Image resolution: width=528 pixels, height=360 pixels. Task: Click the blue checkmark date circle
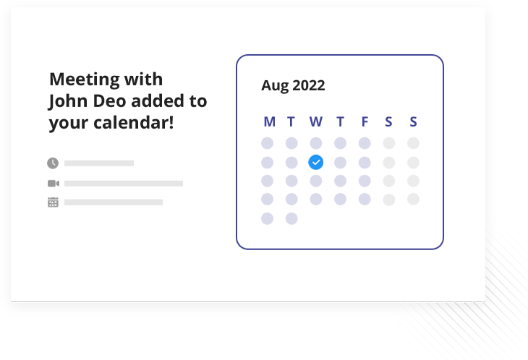(x=316, y=162)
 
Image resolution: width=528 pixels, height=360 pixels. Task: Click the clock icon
(x=53, y=163)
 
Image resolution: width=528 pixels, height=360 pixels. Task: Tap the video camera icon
(x=54, y=184)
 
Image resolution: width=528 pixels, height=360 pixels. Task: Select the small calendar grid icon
(x=53, y=202)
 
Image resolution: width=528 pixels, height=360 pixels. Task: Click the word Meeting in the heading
(x=85, y=80)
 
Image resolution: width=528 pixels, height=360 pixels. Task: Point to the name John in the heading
(x=69, y=101)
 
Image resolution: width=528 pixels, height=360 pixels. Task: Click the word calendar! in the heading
(x=134, y=122)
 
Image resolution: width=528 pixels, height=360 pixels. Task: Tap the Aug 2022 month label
(x=293, y=85)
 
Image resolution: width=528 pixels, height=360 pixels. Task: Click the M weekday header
(x=269, y=121)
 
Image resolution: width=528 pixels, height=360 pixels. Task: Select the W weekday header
(x=316, y=121)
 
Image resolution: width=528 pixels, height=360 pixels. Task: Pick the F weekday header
(x=365, y=121)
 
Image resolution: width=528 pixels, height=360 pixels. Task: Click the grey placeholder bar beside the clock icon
(x=99, y=163)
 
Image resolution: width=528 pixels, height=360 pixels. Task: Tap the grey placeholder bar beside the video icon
(x=124, y=184)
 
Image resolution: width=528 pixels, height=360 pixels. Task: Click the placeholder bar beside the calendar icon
(x=114, y=202)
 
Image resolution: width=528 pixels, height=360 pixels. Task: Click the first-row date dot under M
(x=268, y=143)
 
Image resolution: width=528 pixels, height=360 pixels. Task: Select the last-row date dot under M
(x=268, y=218)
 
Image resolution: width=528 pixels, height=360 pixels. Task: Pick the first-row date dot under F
(x=365, y=143)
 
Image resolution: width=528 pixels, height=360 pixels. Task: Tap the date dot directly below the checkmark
(x=316, y=181)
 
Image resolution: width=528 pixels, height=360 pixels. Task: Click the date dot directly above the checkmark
(x=316, y=143)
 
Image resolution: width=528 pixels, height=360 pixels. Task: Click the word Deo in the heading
(x=109, y=101)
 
